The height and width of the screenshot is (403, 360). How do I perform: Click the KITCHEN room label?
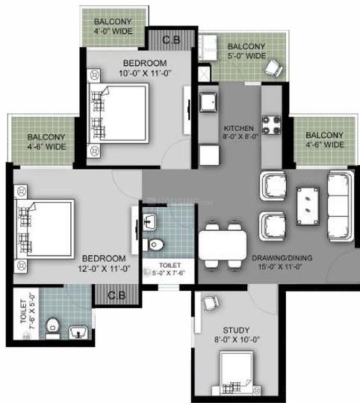[x=239, y=128]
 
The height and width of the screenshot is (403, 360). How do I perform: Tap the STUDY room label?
[x=236, y=330]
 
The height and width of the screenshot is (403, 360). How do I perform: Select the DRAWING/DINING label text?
[x=282, y=258]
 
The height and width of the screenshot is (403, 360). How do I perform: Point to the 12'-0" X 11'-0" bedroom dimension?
[x=105, y=268]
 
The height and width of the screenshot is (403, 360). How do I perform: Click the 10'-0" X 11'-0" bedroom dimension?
[x=145, y=73]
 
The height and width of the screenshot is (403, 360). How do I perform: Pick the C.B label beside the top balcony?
[x=171, y=40]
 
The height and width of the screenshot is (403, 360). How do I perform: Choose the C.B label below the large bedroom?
[x=117, y=295]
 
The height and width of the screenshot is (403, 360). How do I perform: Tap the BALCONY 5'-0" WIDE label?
[x=246, y=51]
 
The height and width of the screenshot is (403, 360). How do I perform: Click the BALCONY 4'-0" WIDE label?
[x=113, y=26]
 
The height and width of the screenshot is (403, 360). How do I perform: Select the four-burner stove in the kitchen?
[x=271, y=125]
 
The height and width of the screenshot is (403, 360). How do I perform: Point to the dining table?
[x=223, y=245]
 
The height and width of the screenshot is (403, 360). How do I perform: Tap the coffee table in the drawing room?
[x=308, y=206]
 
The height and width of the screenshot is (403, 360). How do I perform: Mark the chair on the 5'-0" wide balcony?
[x=273, y=68]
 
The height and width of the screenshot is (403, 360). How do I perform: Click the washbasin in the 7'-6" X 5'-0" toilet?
[x=78, y=332]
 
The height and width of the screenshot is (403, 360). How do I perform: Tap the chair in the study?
[x=211, y=303]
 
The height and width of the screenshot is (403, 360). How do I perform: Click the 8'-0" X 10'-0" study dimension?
[x=237, y=339]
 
